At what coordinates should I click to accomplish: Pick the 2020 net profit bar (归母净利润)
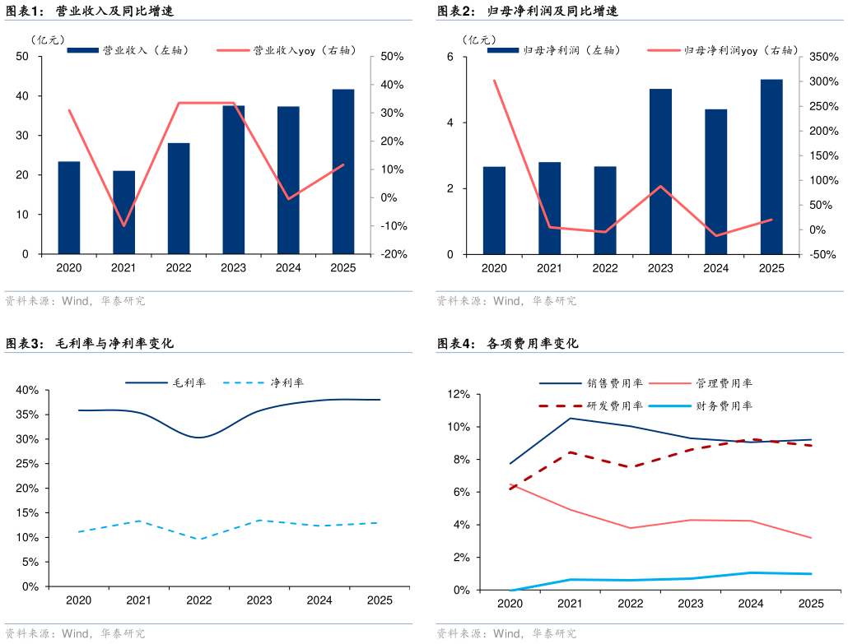494,211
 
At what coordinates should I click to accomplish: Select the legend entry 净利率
287,382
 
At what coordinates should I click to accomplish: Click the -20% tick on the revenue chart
387,254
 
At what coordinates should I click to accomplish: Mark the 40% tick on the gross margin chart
27,390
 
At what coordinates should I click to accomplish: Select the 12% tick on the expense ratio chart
458,395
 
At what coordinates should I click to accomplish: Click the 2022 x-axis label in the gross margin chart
199,600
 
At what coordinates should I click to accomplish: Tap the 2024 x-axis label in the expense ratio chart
751,604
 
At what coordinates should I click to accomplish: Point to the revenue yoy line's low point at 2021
123,225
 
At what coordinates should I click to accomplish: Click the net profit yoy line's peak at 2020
494,81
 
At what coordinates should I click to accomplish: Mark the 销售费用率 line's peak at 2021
571,419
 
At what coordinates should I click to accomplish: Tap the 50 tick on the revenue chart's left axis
22,57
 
